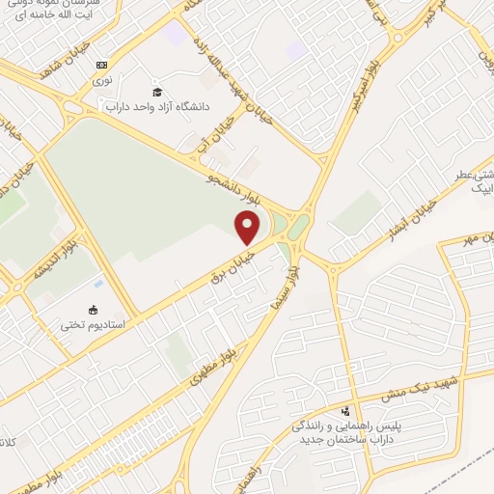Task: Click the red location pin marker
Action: (248, 228)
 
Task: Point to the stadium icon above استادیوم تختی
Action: (93, 310)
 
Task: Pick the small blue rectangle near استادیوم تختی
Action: (97, 284)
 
